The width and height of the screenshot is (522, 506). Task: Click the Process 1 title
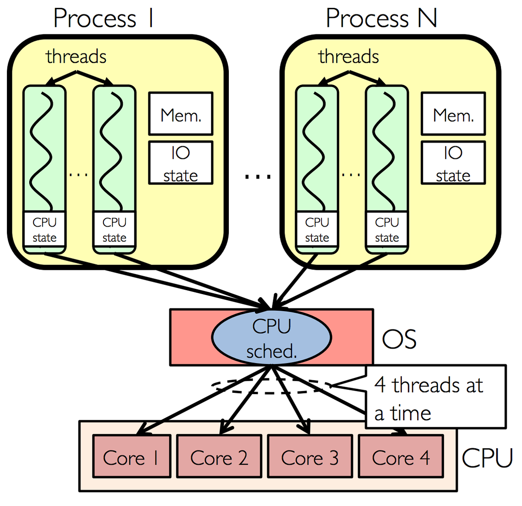click(103, 19)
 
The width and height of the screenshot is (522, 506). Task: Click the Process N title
click(381, 19)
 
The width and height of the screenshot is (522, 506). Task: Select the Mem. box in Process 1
click(181, 114)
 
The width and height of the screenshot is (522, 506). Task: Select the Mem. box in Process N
click(453, 114)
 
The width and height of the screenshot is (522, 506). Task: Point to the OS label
click(399, 339)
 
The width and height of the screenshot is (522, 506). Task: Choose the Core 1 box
click(131, 457)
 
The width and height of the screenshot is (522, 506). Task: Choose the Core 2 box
click(219, 457)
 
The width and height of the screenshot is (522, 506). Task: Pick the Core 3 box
click(309, 457)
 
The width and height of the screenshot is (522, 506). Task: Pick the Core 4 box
click(401, 457)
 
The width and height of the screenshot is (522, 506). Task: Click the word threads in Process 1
click(76, 57)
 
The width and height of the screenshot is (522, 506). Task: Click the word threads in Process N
click(348, 57)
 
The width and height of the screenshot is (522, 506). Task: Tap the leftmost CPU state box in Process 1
click(44, 230)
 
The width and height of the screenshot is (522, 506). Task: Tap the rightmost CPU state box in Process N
click(387, 230)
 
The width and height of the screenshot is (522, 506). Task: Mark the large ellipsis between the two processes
click(258, 177)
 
